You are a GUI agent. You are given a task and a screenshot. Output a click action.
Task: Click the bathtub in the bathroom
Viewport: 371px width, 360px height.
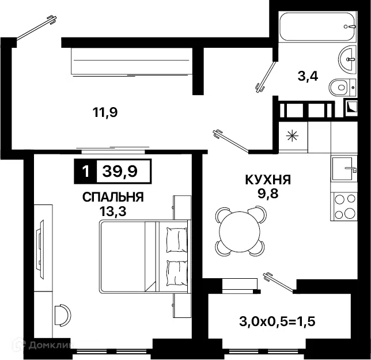click(x=317, y=26)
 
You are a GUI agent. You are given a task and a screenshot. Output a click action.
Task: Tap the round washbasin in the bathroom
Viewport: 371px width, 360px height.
click(x=347, y=58)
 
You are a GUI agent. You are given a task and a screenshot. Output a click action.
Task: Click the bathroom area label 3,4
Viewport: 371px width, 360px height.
click(x=308, y=76)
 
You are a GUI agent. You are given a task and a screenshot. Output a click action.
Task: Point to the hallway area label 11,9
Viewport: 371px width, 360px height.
click(x=105, y=112)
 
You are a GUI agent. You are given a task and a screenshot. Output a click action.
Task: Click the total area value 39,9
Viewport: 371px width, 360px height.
click(x=120, y=171)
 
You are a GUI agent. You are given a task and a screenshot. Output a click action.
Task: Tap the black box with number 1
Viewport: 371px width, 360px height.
click(x=85, y=171)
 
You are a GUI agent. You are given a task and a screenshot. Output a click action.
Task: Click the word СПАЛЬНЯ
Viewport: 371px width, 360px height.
click(x=113, y=197)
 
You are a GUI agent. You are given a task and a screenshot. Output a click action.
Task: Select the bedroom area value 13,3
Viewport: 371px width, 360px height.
click(x=113, y=211)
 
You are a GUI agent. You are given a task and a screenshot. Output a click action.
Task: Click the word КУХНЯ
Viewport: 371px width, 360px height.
click(x=268, y=180)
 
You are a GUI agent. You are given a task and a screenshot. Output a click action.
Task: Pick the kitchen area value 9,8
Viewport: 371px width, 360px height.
click(x=268, y=194)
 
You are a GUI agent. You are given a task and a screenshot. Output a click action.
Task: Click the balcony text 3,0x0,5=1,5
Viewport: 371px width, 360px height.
click(x=277, y=321)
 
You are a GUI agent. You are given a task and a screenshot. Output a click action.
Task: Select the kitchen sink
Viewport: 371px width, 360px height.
click(x=344, y=169)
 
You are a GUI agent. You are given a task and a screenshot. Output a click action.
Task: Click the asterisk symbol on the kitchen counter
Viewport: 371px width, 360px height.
click(x=293, y=136)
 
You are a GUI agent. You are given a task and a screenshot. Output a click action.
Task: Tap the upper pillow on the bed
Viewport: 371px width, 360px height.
click(x=176, y=240)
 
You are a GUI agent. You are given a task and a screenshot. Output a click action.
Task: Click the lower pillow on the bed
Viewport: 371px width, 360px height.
click(x=176, y=273)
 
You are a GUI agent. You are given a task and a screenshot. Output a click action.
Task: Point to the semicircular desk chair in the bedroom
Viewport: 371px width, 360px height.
click(x=62, y=315)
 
